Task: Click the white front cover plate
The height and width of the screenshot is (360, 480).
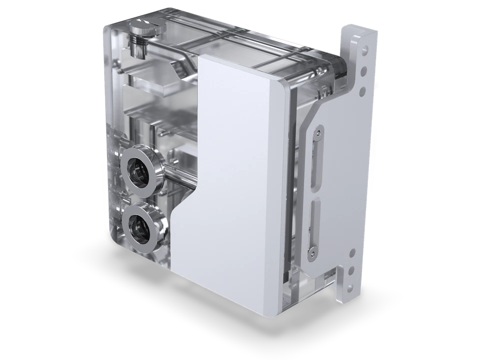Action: click(235, 190)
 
